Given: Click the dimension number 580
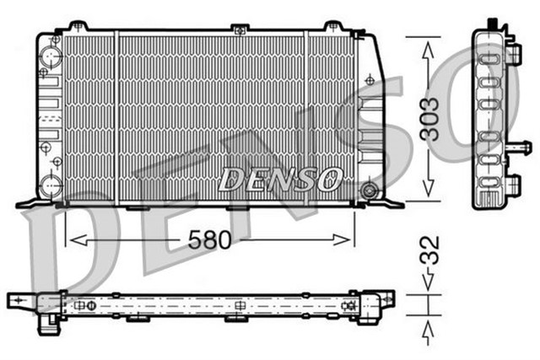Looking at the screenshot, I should [x=209, y=240].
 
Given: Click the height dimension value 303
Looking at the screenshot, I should [x=430, y=121].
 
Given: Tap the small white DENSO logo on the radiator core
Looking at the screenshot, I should [x=280, y=178].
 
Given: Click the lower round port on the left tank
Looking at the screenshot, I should [x=51, y=185].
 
